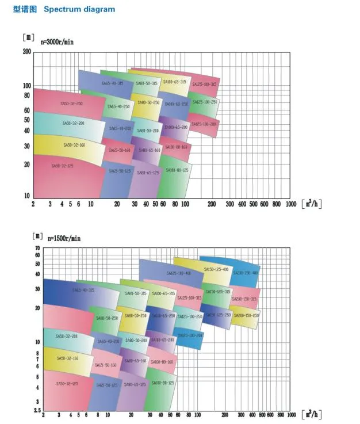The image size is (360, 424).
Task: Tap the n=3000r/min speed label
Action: pyautogui.click(x=57, y=42)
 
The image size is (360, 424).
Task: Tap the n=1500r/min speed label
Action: pyautogui.click(x=64, y=238)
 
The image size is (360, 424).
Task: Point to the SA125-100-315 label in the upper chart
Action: pyautogui.click(x=204, y=84)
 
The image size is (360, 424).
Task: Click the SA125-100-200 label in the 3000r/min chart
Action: pyautogui.click(x=204, y=124)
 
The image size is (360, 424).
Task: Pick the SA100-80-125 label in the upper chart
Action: pyautogui.click(x=177, y=170)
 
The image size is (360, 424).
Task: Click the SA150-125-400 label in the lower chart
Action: pyautogui.click(x=216, y=269)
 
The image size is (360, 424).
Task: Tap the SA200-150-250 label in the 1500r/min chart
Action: pyautogui.click(x=245, y=315)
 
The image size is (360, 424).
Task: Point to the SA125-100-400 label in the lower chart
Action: pyautogui.click(x=179, y=273)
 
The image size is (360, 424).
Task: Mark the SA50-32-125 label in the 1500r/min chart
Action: pyautogui.click(x=67, y=384)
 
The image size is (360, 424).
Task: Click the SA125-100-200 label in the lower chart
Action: pyautogui.click(x=190, y=335)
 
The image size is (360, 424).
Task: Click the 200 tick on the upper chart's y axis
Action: pyautogui.click(x=26, y=51)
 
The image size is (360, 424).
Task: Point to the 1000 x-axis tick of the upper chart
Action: pyautogui.click(x=290, y=204)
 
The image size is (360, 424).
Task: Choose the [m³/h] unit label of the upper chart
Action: pyautogui.click(x=311, y=204)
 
